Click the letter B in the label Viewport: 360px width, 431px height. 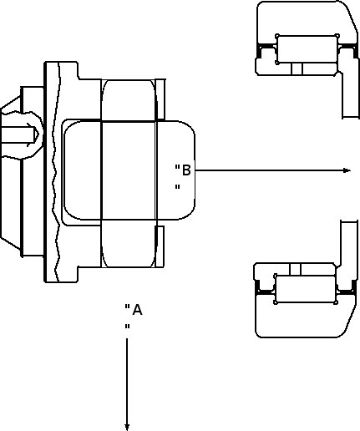tap(186, 170)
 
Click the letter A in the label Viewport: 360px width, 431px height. tap(137, 310)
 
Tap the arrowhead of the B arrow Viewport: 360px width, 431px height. tap(347, 170)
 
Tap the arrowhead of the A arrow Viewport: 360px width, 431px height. tap(127, 427)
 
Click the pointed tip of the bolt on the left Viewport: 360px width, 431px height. tap(37, 134)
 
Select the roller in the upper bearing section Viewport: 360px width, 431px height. tap(307, 49)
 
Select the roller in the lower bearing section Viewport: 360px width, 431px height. tap(306, 289)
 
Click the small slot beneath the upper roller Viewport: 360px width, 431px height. tap(297, 68)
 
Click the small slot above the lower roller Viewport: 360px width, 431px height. tap(295, 269)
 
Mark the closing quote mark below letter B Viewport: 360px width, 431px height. tap(177, 187)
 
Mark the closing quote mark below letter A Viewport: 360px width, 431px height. tap(127, 327)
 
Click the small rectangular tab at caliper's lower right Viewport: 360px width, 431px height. tap(160, 246)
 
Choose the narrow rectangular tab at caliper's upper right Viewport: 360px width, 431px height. tap(160, 99)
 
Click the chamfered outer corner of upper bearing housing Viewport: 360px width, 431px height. tap(352, 15)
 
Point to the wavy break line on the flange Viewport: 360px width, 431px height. tap(57, 171)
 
